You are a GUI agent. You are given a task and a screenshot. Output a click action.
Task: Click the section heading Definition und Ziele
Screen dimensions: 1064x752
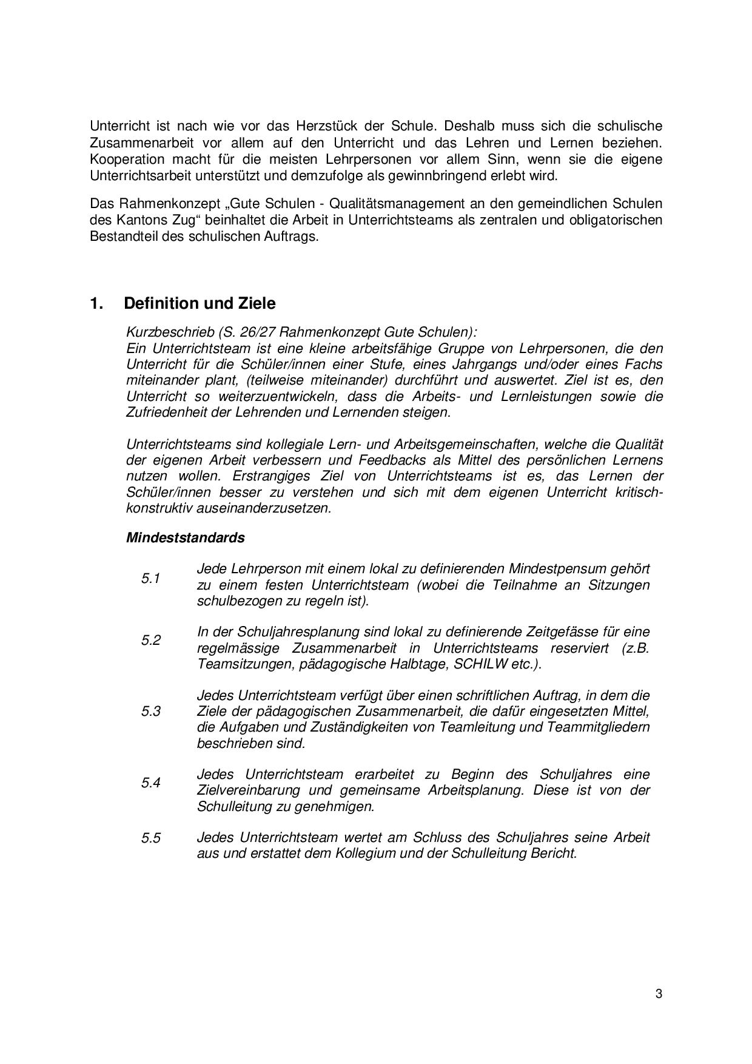[x=200, y=303]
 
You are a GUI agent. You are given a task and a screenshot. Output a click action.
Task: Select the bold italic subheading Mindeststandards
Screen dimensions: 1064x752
[x=186, y=537]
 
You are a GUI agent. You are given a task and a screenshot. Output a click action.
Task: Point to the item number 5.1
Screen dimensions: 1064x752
[x=151, y=579]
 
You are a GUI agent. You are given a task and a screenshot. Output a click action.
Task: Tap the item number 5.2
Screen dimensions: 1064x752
[x=151, y=641]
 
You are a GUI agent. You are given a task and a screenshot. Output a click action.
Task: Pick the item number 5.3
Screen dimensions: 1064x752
[x=151, y=712]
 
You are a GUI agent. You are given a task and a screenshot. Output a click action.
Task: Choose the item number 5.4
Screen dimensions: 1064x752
[x=151, y=783]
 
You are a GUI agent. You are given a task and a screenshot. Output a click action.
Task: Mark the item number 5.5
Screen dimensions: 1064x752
[x=151, y=838]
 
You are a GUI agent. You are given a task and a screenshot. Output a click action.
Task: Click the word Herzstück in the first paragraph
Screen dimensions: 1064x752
[x=324, y=126]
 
